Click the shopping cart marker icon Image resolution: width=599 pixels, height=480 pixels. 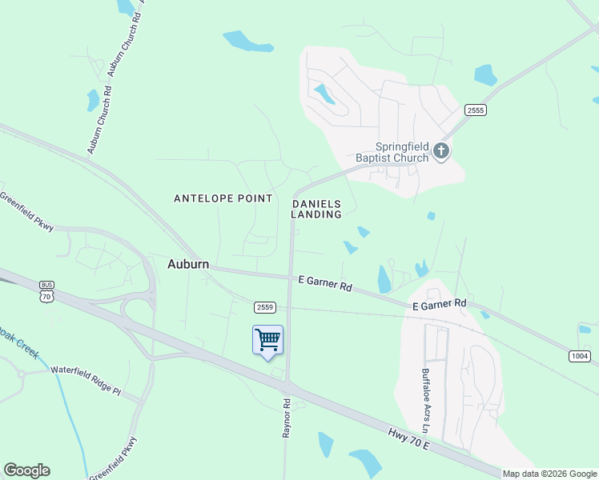[x=267, y=340]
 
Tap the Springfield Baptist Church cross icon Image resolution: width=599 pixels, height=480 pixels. [x=440, y=150]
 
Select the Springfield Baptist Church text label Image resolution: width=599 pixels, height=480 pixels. [x=403, y=152]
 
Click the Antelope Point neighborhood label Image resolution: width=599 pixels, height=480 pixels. [x=223, y=198]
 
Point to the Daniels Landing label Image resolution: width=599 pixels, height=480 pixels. [x=316, y=209]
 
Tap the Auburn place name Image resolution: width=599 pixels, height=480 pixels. [x=188, y=263]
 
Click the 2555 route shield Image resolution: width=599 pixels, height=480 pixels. [x=475, y=110]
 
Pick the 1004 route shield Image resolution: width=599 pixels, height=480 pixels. [x=581, y=355]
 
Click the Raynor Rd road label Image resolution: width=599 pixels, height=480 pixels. [x=285, y=413]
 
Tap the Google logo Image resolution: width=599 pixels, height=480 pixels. [x=26, y=470]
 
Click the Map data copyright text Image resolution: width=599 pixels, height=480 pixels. [x=549, y=474]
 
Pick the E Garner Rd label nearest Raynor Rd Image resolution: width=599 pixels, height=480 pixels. [x=325, y=282]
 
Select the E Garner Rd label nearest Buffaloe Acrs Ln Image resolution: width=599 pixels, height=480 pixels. [x=439, y=305]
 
